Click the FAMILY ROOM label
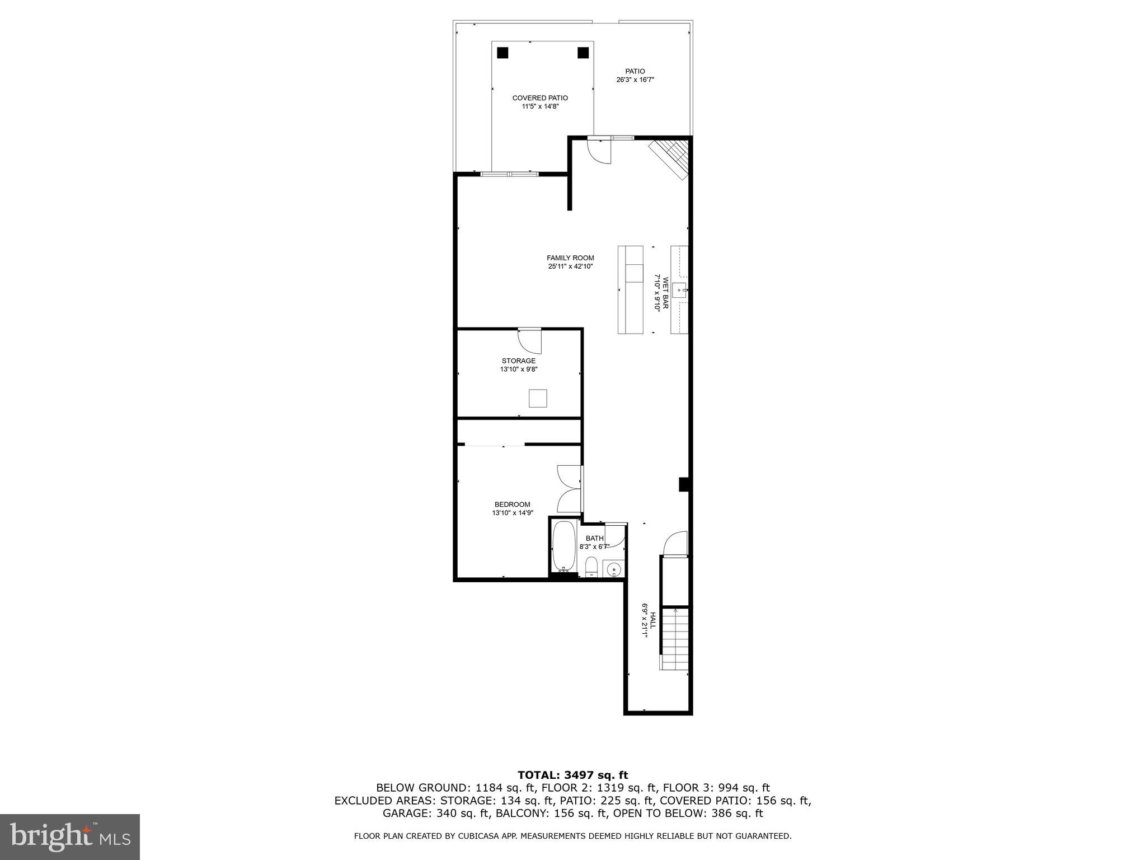coord(570,258)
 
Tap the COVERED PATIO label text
coord(540,98)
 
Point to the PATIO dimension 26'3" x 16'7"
coord(635,80)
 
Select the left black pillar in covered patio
coord(502,53)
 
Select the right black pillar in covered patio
coord(583,53)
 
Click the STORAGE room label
coord(518,361)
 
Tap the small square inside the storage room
coord(538,398)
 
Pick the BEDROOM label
coord(512,504)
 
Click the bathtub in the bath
coord(564,546)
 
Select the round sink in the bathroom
coord(614,570)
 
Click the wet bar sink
coord(679,290)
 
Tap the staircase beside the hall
coord(674,638)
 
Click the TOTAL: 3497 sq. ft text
coord(572,775)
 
